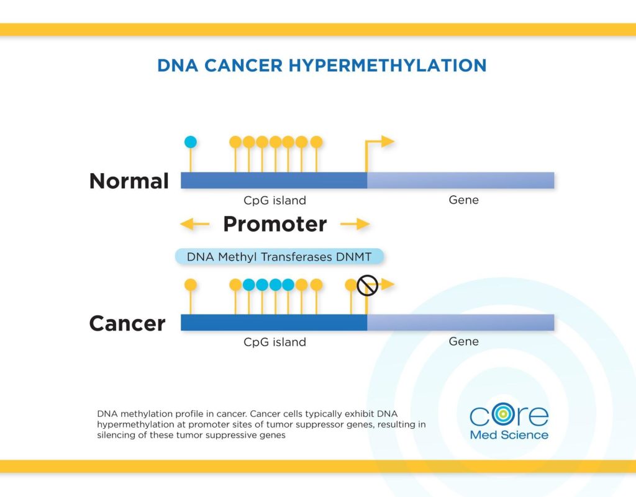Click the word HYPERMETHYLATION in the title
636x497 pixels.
click(x=388, y=66)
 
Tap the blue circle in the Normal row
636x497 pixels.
click(x=191, y=142)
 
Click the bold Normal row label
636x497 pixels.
click(x=129, y=181)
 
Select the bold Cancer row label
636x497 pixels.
click(x=127, y=323)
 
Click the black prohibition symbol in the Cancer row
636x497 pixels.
click(x=368, y=285)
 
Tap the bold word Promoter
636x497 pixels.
click(x=275, y=224)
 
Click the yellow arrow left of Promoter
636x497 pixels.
click(x=194, y=224)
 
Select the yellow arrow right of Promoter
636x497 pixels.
click(x=355, y=224)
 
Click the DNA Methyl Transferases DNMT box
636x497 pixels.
click(x=279, y=257)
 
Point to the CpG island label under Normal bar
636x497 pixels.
click(x=275, y=200)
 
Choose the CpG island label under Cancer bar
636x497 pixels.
click(x=275, y=342)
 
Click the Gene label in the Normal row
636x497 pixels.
click(x=463, y=200)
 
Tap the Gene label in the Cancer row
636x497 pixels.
click(x=463, y=341)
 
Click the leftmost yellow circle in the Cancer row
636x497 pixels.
click(x=191, y=285)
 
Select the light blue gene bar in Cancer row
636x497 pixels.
click(x=461, y=323)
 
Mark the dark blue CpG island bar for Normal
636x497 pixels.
click(x=274, y=181)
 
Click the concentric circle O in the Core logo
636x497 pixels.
click(x=503, y=414)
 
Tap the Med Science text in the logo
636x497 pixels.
click(x=509, y=435)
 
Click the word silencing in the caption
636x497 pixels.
click(x=116, y=436)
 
